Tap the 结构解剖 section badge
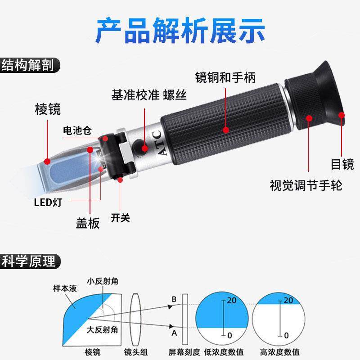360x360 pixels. click(28, 65)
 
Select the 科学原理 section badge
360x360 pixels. click(28, 261)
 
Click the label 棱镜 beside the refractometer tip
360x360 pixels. click(48, 109)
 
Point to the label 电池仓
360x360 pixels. click(77, 131)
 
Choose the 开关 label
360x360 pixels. click(120, 218)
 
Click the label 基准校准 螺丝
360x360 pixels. click(149, 95)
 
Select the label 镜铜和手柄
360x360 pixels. click(225, 77)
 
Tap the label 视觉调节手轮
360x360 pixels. click(306, 185)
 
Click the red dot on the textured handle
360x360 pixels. click(225, 130)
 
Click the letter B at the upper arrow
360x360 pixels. click(174, 299)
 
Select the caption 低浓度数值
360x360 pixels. click(223, 352)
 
